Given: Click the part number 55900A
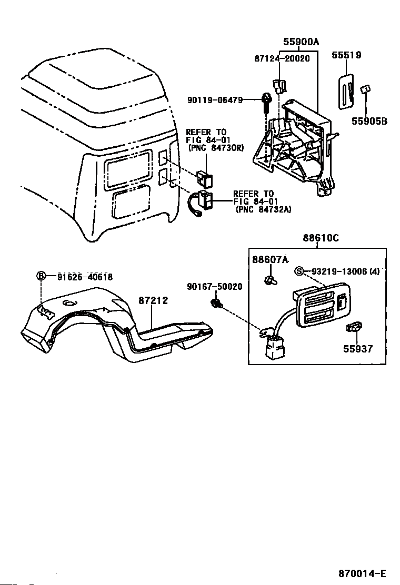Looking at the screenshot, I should (x=301, y=42).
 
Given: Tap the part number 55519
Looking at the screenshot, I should (x=346, y=55).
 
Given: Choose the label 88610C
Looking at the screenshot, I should (x=321, y=238).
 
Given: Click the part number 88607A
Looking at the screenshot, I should (x=271, y=259).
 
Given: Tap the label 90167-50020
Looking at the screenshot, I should (x=214, y=287).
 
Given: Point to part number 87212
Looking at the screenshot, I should (x=153, y=300).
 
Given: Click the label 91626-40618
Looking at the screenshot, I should (x=85, y=277).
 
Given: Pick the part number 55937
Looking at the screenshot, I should (x=358, y=348).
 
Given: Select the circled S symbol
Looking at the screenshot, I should (x=299, y=271).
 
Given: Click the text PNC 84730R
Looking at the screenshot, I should (x=215, y=148).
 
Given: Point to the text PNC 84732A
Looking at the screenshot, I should (x=263, y=209).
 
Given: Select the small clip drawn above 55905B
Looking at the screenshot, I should (x=364, y=90).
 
